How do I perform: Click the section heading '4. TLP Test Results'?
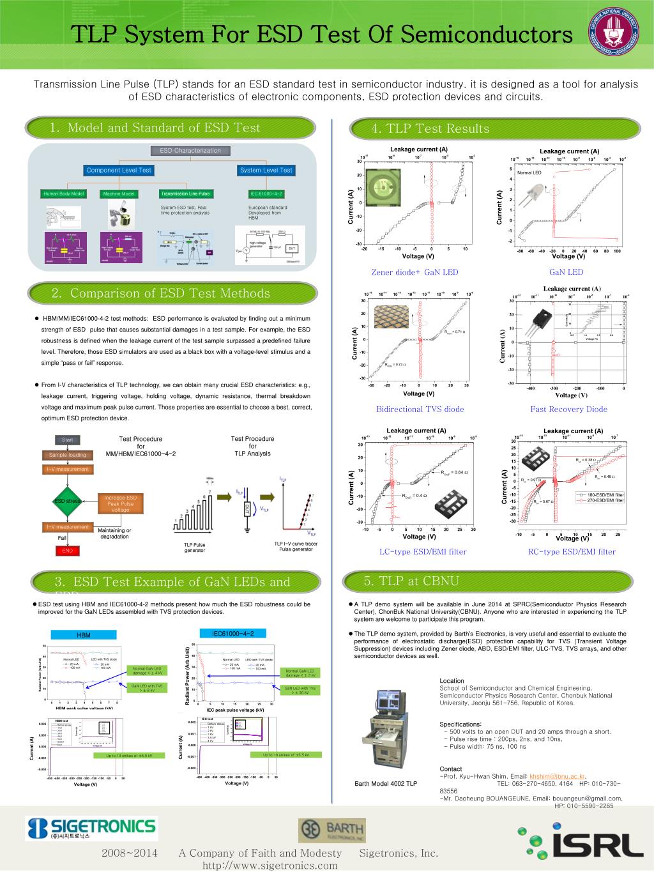coord(430,129)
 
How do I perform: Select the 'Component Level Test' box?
coord(119,170)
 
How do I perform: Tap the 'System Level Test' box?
coord(266,170)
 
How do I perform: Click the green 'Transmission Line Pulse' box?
coord(185,194)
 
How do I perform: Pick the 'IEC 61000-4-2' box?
coord(266,194)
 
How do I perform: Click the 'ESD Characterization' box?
coord(190,151)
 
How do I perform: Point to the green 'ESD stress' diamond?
coord(68,501)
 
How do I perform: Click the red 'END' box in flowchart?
coord(68,550)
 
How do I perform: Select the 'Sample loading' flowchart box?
coord(68,455)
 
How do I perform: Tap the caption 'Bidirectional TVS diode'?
coord(420,409)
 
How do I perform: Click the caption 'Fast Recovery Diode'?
coord(568,409)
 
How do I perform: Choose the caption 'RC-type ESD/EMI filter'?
coord(572,552)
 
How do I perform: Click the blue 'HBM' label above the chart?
coord(84,635)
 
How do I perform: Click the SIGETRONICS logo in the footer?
coord(91,829)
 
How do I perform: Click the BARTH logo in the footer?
coord(332,830)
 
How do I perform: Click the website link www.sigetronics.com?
coord(270,866)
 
